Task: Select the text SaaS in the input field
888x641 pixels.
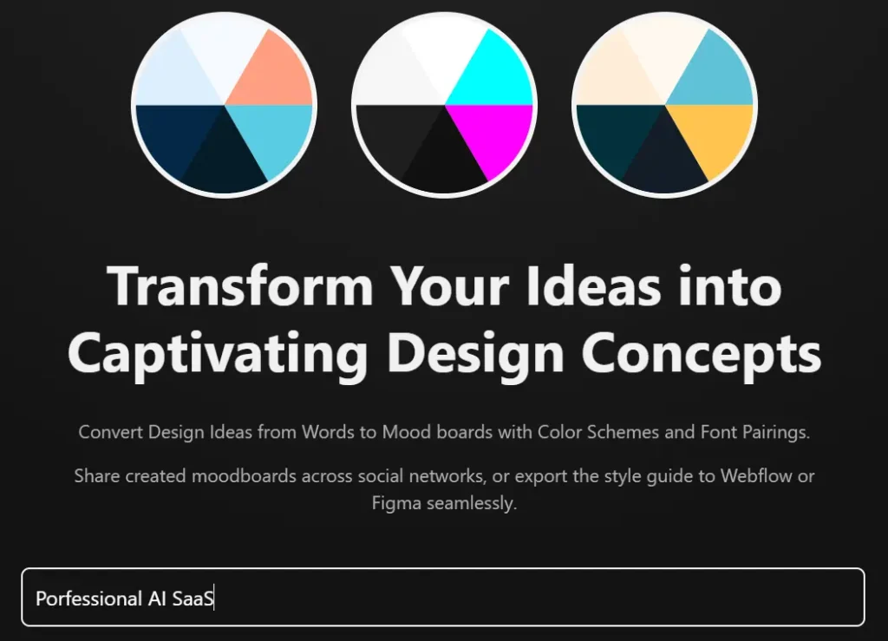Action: click(193, 598)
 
